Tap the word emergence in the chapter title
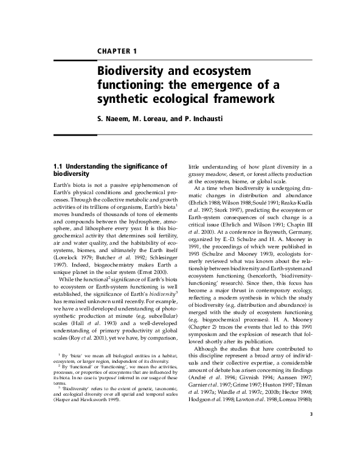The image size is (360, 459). [213, 84]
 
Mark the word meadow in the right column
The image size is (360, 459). [212, 173]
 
